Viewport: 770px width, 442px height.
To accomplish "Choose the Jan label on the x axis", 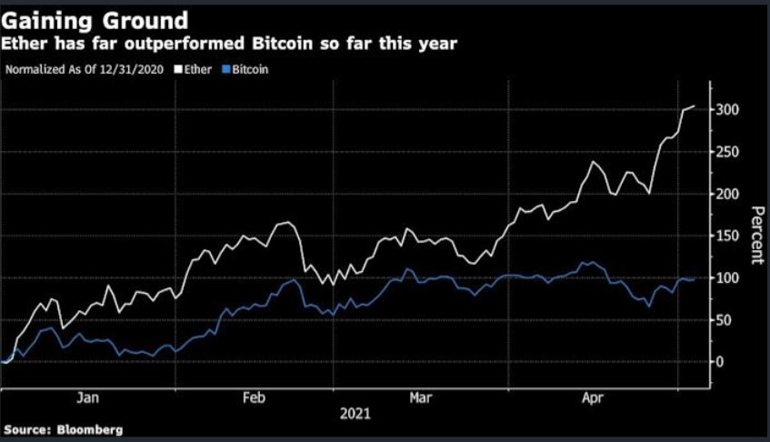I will (x=87, y=397).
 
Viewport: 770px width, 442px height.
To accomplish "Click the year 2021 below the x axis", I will (x=355, y=414).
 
